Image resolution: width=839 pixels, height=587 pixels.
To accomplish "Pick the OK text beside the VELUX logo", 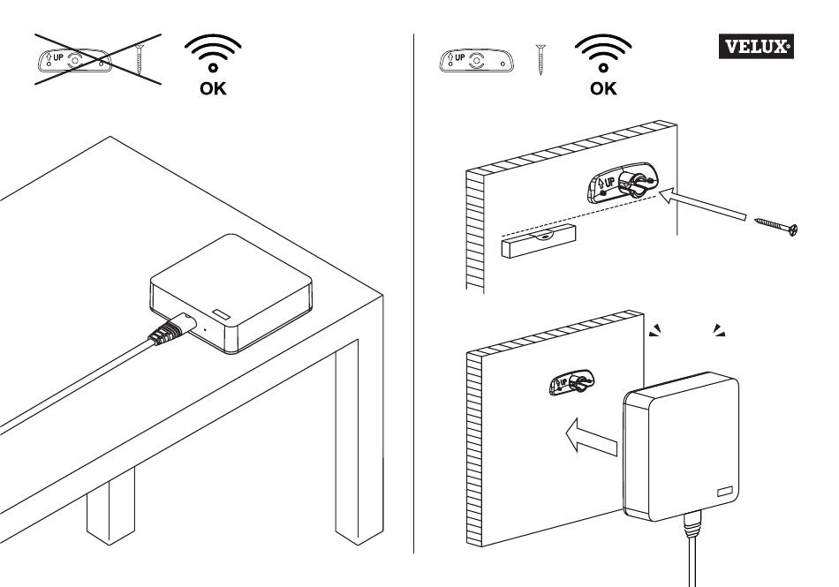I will coord(604,88).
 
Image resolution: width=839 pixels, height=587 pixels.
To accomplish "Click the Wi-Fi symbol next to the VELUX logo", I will coord(604,54).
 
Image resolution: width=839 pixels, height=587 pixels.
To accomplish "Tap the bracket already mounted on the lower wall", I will coord(571,382).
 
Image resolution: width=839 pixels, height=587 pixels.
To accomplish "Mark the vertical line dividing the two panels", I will coord(414,291).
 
